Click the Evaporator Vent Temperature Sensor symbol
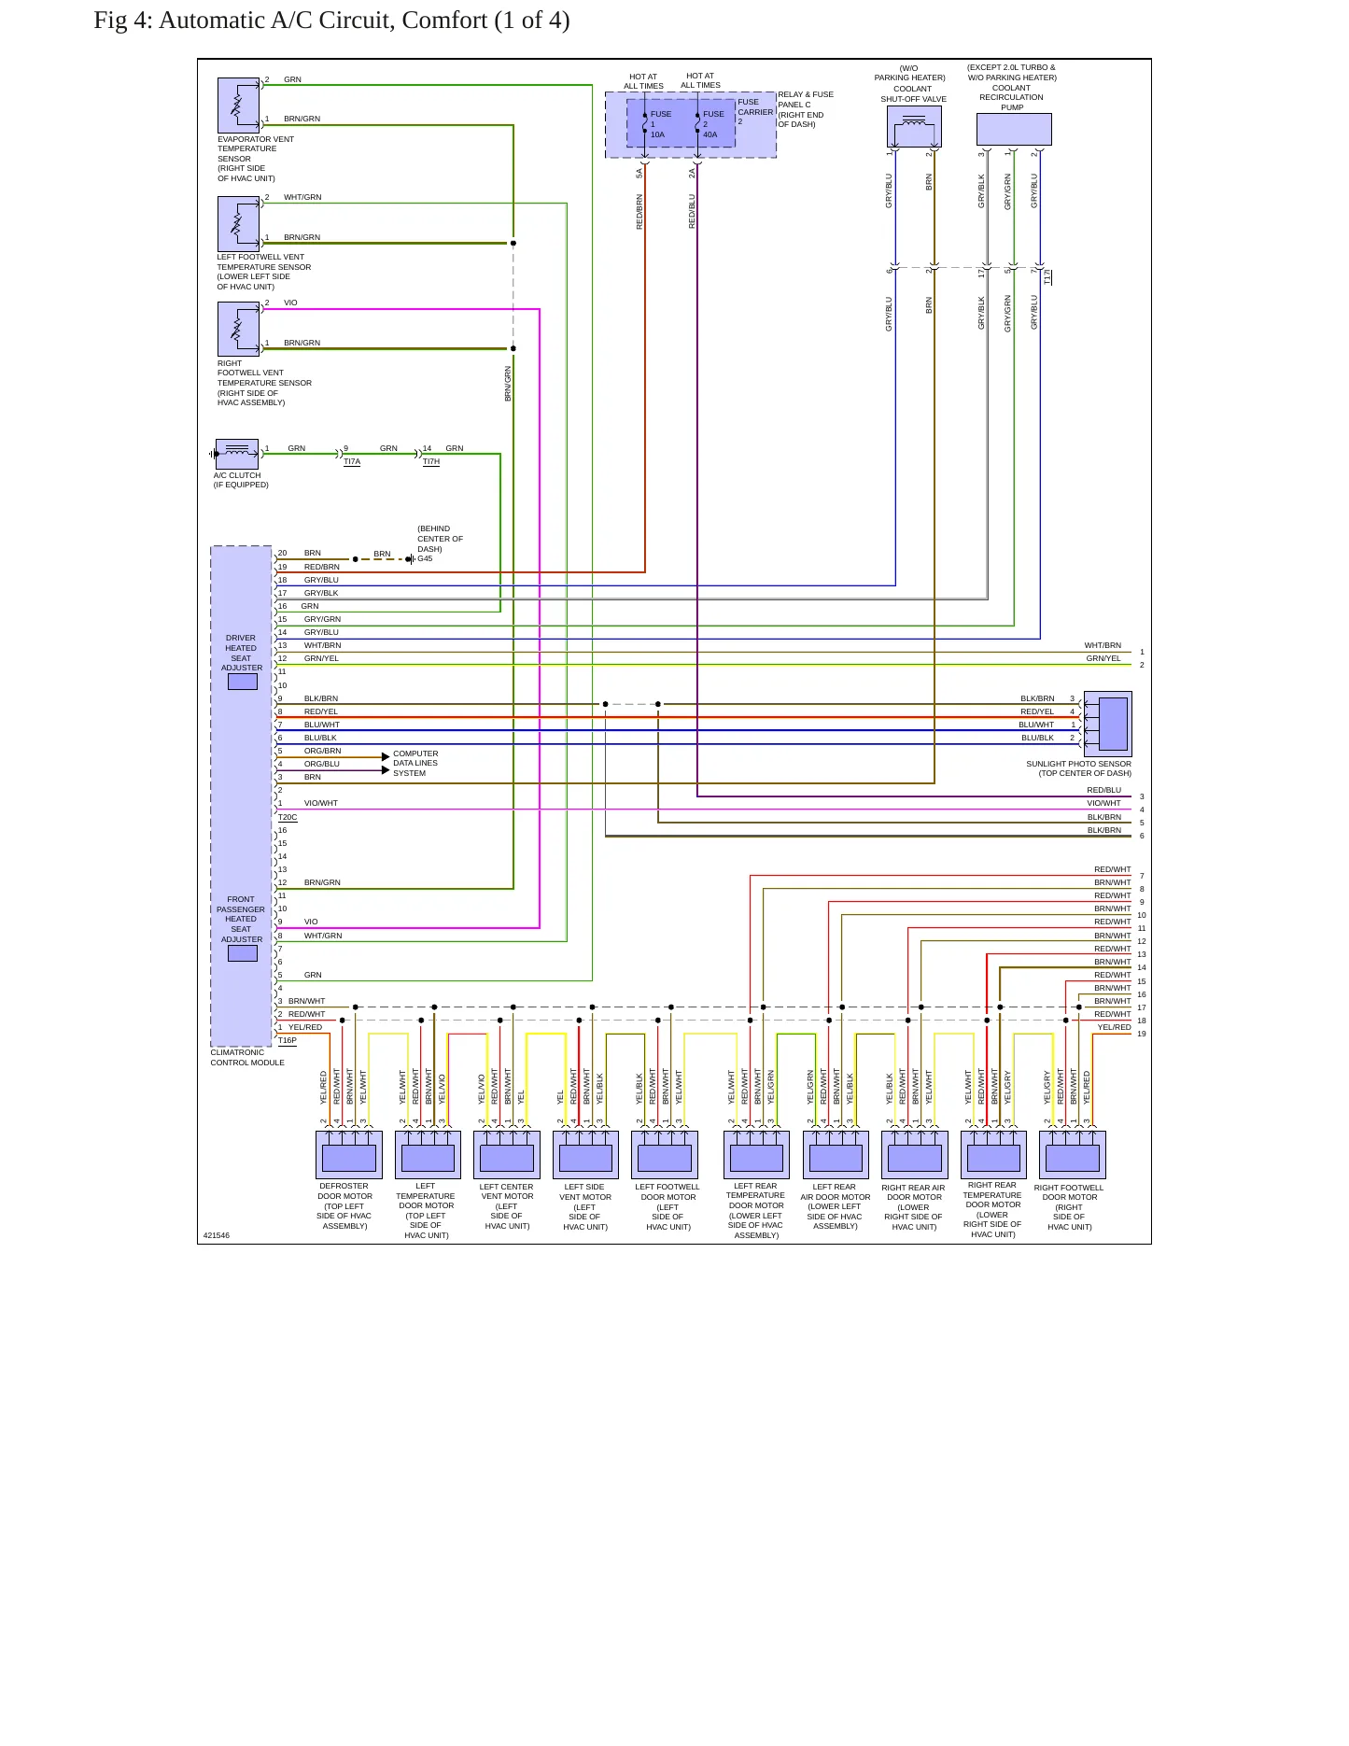[x=238, y=105]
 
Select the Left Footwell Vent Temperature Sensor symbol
[x=238, y=224]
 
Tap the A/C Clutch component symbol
[x=237, y=454]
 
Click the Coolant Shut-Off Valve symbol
[x=914, y=126]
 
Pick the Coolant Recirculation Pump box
[x=1014, y=129]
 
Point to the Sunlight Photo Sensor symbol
[x=1108, y=724]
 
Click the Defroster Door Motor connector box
[x=349, y=1155]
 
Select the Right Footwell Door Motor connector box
[x=1073, y=1155]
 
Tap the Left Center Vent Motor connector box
[x=507, y=1155]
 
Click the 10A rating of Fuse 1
[x=657, y=134]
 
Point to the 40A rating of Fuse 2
[x=710, y=134]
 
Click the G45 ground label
[x=425, y=558]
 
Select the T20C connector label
[x=288, y=817]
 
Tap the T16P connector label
[x=288, y=1040]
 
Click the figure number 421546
[x=217, y=1235]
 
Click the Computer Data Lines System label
[x=415, y=763]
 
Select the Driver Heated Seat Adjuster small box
[x=243, y=682]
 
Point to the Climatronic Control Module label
[x=247, y=1057]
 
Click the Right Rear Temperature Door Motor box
[x=993, y=1155]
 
